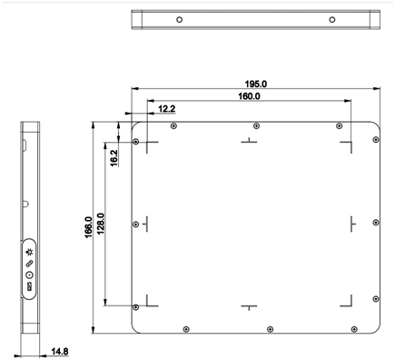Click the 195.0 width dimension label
click(x=256, y=84)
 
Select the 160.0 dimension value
click(x=249, y=96)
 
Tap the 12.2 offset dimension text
click(x=167, y=108)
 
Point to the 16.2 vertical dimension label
click(x=114, y=157)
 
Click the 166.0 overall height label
click(x=88, y=227)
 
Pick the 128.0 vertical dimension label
click(x=101, y=224)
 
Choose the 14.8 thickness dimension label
click(x=60, y=352)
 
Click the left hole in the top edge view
click(x=180, y=20)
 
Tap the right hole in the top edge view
click(x=332, y=20)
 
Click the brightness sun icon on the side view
click(x=30, y=252)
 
